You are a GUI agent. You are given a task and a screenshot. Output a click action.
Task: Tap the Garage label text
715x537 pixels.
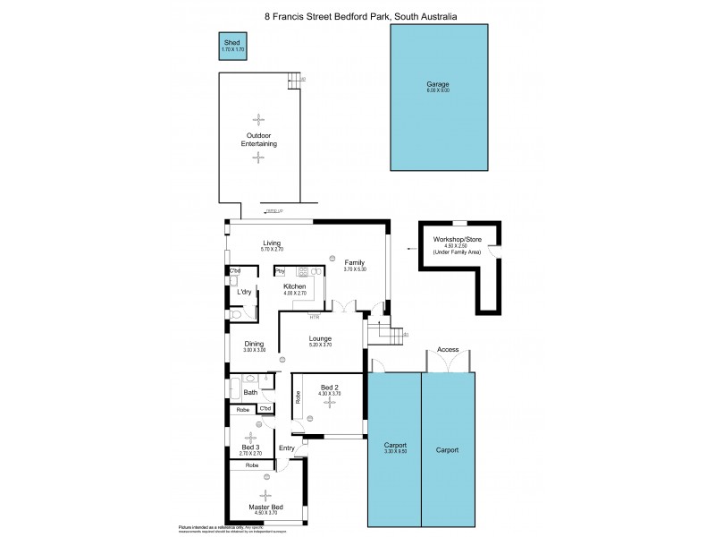pos(437,84)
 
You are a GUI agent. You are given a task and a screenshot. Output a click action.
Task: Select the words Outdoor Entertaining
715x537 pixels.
pos(258,140)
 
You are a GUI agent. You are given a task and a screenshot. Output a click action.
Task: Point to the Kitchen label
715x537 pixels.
pos(295,286)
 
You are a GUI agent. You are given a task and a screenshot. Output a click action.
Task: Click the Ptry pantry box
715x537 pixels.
pos(280,270)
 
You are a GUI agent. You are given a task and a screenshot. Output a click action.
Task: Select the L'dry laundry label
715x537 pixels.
pos(244,292)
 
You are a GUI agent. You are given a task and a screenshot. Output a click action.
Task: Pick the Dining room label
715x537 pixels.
pos(254,345)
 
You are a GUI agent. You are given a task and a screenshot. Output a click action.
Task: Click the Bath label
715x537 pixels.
pos(250,392)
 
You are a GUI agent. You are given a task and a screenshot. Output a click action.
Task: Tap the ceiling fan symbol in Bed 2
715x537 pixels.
pos(330,403)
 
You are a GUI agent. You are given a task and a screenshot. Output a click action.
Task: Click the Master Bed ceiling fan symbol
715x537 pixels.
pos(265,495)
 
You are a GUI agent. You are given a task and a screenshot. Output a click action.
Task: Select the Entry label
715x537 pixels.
pos(287,448)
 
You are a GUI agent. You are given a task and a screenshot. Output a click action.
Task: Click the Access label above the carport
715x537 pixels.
pos(448,350)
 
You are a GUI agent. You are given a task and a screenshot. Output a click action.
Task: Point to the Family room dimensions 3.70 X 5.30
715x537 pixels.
pos(356,269)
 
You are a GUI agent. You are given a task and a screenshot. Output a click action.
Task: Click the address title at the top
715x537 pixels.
pos(357,15)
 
